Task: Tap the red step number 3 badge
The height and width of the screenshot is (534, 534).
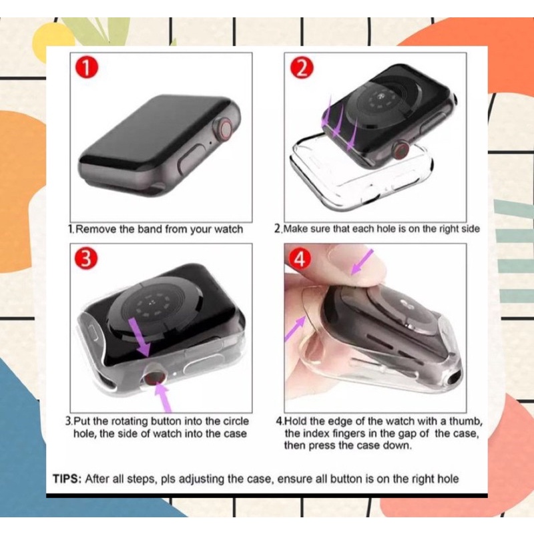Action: click(x=85, y=260)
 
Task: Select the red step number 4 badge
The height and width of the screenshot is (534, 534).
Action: click(x=300, y=260)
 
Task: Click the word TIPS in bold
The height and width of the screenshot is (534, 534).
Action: click(x=67, y=479)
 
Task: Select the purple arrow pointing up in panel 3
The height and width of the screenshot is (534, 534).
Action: click(x=162, y=398)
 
